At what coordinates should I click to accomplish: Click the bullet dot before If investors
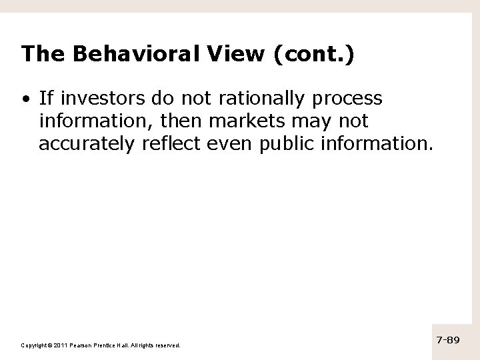click(x=25, y=100)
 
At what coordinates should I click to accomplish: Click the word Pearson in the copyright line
click(x=83, y=345)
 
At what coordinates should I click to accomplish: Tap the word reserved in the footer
click(x=167, y=345)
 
